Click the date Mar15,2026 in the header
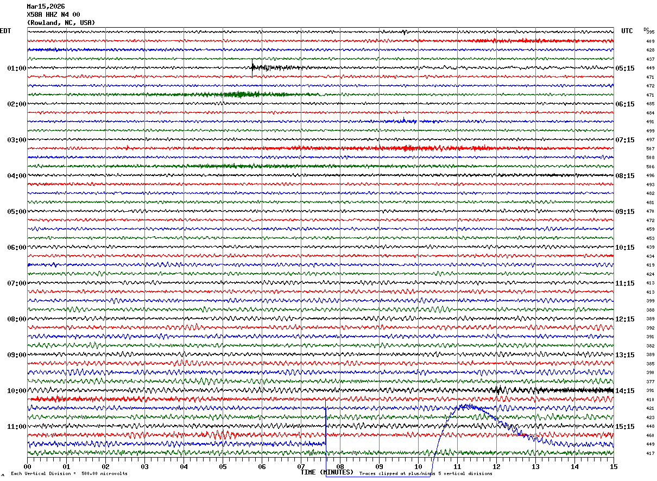[46, 7]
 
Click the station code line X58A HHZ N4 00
[53, 15]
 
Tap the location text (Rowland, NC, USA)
[61, 23]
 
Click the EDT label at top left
[5, 31]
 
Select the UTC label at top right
[627, 31]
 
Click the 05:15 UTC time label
[625, 68]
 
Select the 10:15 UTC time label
[625, 248]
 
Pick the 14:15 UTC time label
[625, 391]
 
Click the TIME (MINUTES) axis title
[327, 472]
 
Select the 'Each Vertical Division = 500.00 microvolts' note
[69, 474]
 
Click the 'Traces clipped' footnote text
[426, 474]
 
